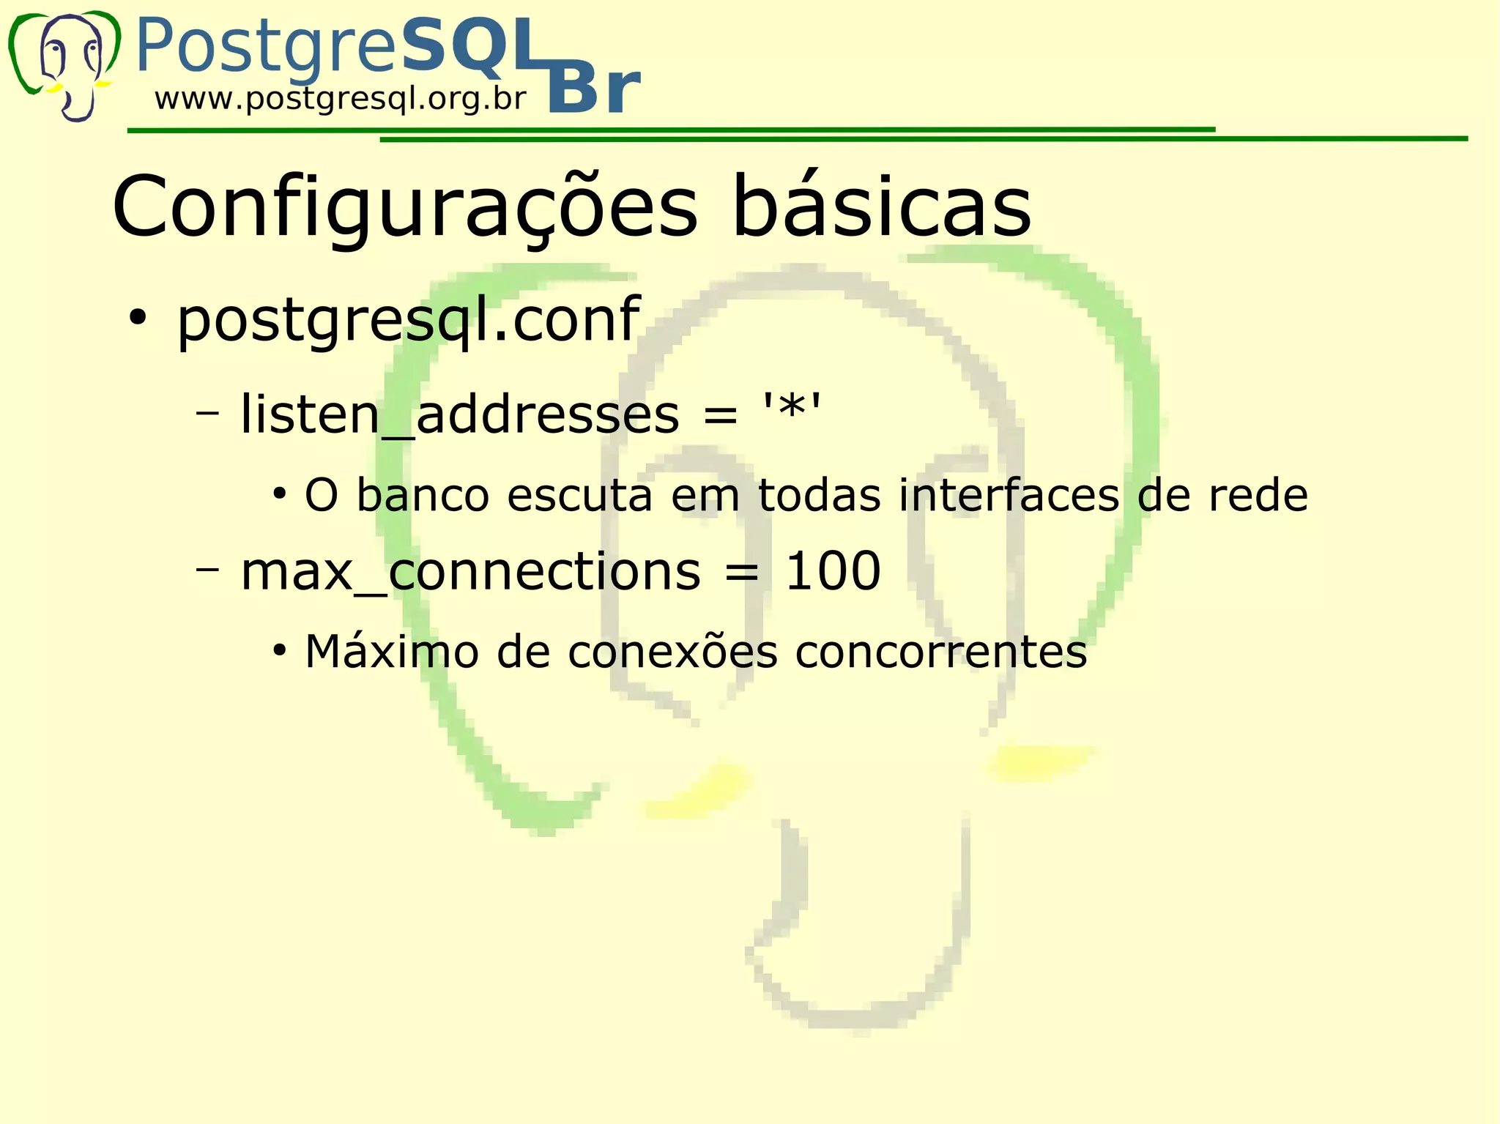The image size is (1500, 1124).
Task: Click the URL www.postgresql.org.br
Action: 340,99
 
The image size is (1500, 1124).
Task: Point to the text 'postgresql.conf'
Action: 408,320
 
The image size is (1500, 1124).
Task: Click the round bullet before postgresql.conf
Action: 137,319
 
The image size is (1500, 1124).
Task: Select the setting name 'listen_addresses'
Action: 459,414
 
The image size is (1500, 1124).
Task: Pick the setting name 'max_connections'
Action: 470,571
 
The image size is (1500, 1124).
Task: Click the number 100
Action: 833,571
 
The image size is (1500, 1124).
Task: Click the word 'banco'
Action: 423,495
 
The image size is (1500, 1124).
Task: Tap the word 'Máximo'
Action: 392,651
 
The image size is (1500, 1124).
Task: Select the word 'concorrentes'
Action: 940,652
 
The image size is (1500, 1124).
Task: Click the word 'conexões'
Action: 672,651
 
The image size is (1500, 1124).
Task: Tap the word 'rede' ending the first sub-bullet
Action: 1257,495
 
